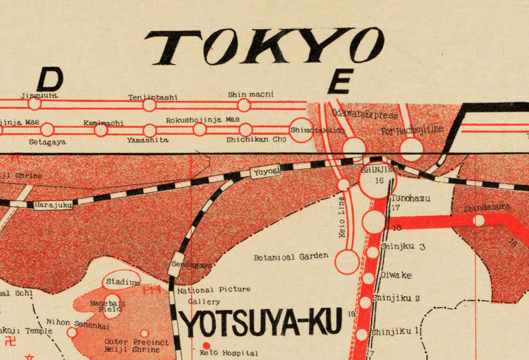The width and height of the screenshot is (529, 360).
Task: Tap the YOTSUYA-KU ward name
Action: coord(262,323)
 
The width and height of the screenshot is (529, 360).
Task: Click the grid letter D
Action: coord(50,78)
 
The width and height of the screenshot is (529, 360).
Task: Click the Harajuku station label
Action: coord(53,205)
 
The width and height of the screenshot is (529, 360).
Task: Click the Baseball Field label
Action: coord(108,306)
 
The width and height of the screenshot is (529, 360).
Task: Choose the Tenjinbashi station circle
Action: coord(150,105)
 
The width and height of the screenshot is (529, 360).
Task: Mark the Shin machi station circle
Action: coord(244,105)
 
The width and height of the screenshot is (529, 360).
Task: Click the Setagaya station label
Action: coord(48,141)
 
